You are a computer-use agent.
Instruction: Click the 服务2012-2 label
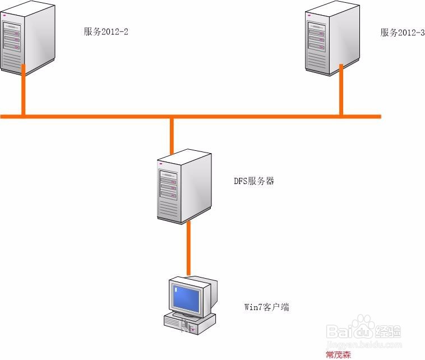(x=106, y=32)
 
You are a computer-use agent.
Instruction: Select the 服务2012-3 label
(x=401, y=32)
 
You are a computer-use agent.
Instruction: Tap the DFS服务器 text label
(x=254, y=182)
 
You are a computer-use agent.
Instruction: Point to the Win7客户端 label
(x=266, y=307)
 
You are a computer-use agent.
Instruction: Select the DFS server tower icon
(x=184, y=185)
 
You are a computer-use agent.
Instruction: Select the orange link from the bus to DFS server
(x=172, y=135)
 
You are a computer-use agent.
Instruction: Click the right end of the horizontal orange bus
(x=379, y=117)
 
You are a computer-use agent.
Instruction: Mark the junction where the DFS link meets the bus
(x=172, y=117)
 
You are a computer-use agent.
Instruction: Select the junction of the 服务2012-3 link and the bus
(x=341, y=117)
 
